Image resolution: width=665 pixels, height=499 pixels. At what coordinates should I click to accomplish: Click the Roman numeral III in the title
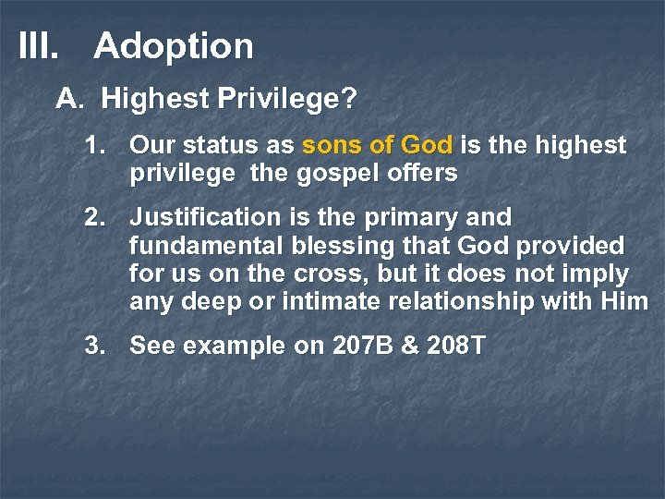click(x=37, y=46)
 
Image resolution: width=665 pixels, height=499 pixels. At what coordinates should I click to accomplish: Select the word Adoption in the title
click(x=173, y=47)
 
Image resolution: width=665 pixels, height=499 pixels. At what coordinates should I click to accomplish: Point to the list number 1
click(x=93, y=146)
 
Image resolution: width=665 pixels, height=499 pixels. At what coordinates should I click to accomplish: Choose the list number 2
click(x=93, y=218)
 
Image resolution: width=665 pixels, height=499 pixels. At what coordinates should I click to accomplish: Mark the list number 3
click(x=93, y=347)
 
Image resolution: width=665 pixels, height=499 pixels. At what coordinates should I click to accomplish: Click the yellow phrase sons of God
click(x=378, y=146)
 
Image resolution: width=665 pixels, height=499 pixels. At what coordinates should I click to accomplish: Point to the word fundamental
click(x=206, y=246)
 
